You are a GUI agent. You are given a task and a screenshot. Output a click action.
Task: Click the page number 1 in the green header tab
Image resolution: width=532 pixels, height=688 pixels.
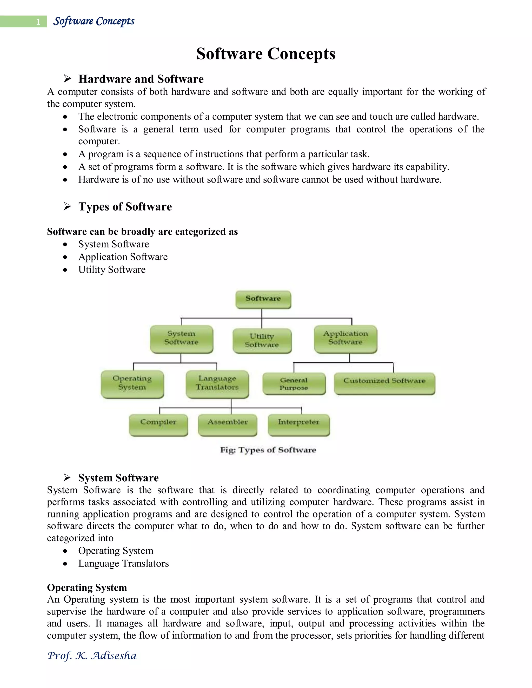click(x=38, y=22)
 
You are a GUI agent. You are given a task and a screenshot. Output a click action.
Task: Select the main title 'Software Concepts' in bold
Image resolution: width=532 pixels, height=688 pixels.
click(x=266, y=53)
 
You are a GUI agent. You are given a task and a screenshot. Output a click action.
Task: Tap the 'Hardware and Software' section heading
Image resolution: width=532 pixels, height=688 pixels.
click(x=141, y=79)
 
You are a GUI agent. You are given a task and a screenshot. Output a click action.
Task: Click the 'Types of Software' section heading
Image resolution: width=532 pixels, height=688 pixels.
click(x=125, y=207)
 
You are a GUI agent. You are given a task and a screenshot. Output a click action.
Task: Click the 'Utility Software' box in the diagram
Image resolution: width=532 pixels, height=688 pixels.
click(x=262, y=341)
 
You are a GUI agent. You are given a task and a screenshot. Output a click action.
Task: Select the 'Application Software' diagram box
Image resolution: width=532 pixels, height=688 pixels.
click(x=345, y=338)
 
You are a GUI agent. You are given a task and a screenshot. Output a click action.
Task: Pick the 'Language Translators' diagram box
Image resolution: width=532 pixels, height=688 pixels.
click(x=217, y=383)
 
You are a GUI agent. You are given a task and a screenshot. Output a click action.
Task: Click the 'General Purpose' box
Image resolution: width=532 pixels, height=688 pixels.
click(x=294, y=384)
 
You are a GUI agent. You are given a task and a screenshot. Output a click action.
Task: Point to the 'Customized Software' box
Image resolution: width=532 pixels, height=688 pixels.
click(x=384, y=383)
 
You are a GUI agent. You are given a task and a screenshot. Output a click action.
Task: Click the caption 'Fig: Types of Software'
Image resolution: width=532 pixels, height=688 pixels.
click(x=268, y=450)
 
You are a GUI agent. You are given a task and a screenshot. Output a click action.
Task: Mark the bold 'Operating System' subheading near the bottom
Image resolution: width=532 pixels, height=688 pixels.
click(x=87, y=588)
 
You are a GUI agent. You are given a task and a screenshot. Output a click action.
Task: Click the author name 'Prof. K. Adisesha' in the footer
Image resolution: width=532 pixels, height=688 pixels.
click(x=92, y=656)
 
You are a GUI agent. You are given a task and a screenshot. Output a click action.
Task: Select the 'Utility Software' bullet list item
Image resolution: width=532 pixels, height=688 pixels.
click(x=112, y=270)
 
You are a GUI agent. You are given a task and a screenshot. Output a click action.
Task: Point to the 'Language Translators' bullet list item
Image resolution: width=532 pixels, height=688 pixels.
click(x=124, y=563)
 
